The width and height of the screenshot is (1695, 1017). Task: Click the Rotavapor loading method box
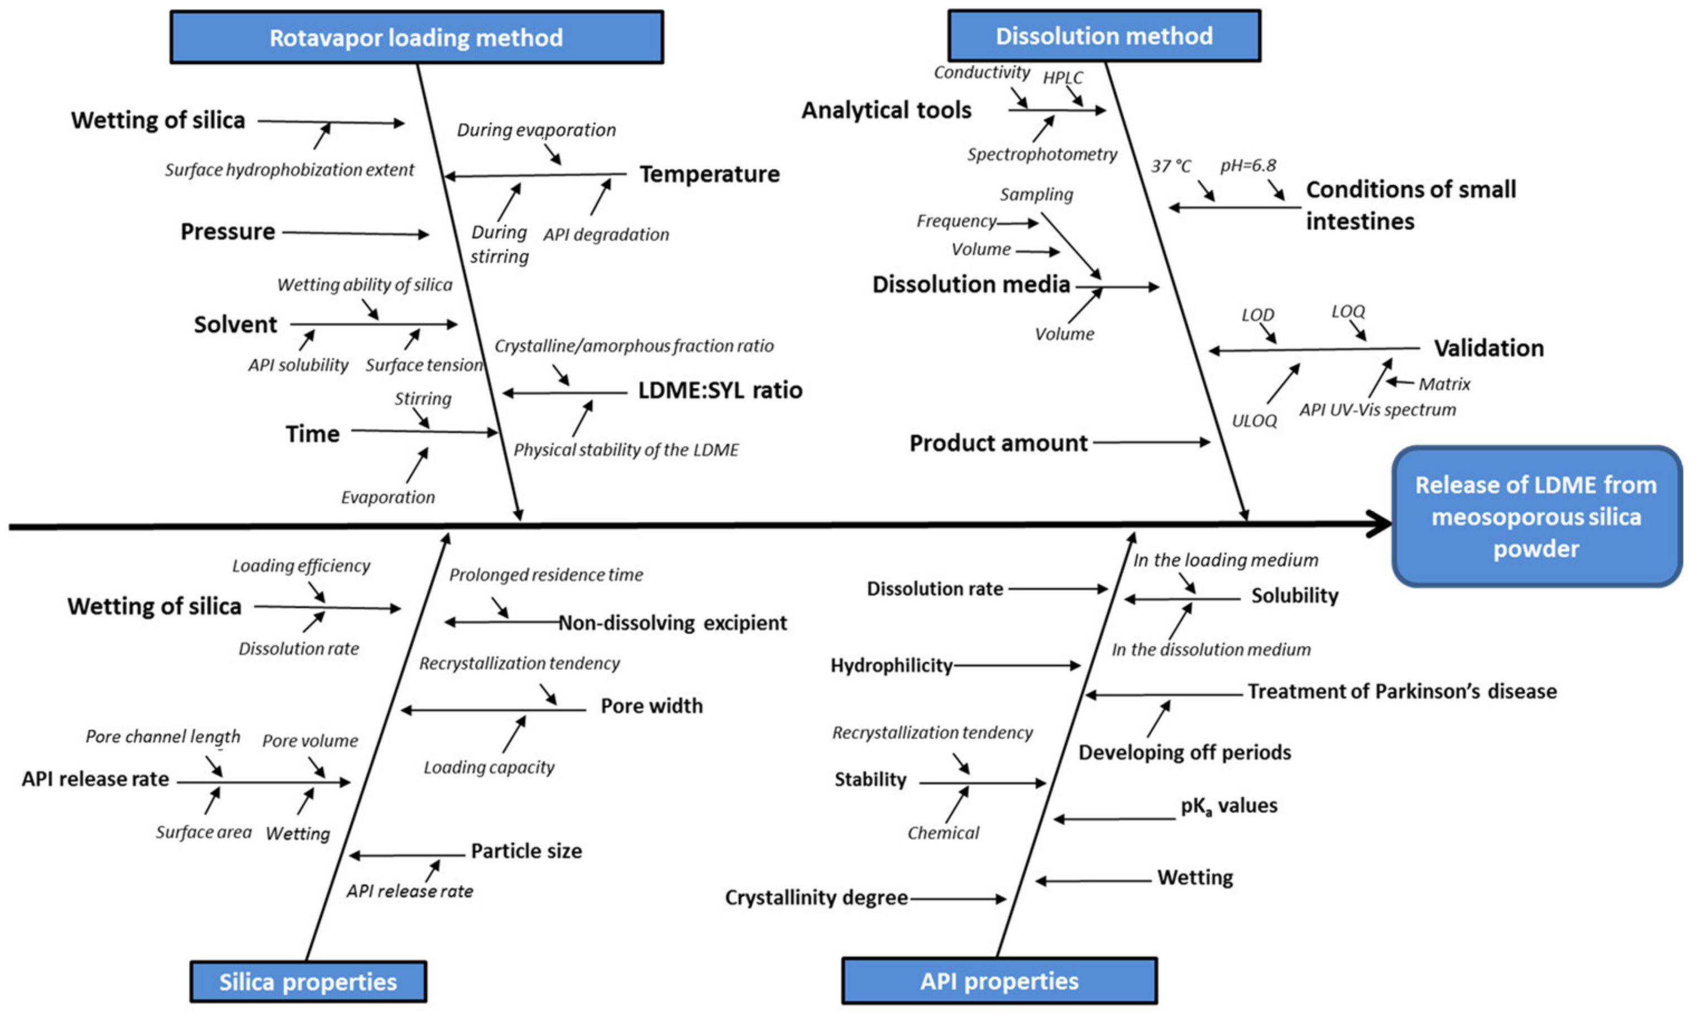416,37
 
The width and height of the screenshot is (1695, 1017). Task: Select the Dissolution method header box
1103,36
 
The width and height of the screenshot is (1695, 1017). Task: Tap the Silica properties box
308,981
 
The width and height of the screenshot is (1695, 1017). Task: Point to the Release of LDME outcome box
1535,517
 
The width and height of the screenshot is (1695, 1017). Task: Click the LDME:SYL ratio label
720,390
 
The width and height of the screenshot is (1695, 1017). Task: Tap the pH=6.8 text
1248,165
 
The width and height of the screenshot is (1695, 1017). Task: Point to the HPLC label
1062,78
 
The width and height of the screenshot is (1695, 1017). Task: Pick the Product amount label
998,443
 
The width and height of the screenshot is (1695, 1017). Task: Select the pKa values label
1228,805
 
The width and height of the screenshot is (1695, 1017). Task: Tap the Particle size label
525,851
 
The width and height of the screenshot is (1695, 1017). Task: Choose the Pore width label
651,705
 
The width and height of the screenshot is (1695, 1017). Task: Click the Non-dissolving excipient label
672,622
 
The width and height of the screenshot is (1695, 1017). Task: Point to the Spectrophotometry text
1041,154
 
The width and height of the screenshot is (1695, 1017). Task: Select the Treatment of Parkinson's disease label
1401,691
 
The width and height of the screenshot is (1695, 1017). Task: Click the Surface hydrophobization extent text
289,169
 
